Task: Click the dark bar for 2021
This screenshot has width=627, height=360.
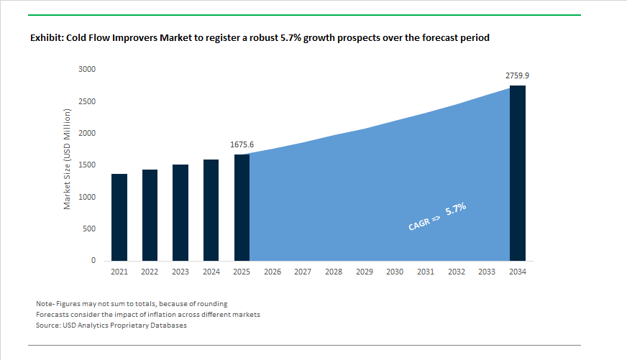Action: click(119, 217)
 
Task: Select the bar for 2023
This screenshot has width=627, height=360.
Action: click(180, 213)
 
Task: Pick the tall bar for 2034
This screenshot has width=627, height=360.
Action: click(518, 173)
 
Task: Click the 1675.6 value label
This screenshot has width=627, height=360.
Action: click(242, 144)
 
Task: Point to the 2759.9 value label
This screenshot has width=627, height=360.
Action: click(518, 75)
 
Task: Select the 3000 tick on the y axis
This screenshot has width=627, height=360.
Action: click(88, 70)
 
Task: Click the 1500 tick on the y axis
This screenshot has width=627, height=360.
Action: click(88, 165)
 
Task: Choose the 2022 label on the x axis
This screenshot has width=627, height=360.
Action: click(150, 272)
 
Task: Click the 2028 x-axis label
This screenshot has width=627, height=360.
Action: click(334, 272)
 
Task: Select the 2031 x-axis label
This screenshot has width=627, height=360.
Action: click(426, 272)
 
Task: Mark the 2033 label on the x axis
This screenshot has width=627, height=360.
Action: click(487, 272)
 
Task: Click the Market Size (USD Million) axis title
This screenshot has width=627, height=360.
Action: click(67, 159)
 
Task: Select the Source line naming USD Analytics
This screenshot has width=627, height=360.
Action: click(111, 326)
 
